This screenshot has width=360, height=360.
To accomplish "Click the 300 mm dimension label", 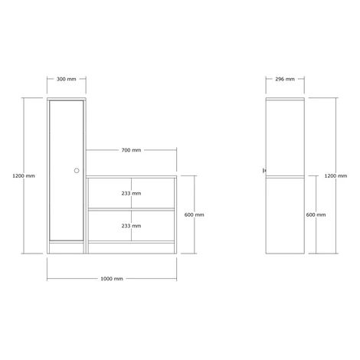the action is [x=67, y=79].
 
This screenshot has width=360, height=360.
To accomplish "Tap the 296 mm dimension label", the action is [x=285, y=79].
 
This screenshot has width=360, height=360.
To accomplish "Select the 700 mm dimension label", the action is [x=131, y=150].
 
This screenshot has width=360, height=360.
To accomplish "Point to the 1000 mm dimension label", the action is [x=112, y=279].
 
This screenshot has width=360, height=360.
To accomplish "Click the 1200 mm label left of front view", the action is [x=24, y=176].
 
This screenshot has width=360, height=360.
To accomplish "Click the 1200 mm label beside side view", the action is [x=335, y=176].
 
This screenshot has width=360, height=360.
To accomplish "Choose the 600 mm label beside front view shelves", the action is [x=195, y=215].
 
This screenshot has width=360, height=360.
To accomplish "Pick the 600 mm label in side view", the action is [x=316, y=215].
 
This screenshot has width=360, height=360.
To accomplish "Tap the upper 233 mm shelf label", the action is [x=131, y=194].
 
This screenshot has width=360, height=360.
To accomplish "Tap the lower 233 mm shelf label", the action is [x=131, y=226].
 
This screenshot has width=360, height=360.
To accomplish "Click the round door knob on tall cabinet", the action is [x=77, y=171].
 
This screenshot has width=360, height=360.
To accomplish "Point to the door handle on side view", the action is [x=264, y=170].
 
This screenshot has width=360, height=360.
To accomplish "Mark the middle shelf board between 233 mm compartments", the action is [x=131, y=209].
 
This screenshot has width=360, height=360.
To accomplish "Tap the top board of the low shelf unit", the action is [x=131, y=177].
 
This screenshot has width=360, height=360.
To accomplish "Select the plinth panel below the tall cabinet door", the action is [x=67, y=248].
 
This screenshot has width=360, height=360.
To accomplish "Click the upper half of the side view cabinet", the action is [x=285, y=137].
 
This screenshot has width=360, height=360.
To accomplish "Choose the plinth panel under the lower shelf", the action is [x=131, y=248].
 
